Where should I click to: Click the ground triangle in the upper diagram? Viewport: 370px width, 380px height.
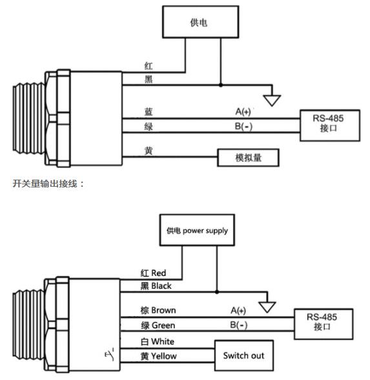pyautogui.click(x=272, y=100)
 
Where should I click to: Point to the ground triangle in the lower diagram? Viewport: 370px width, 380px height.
pyautogui.click(x=267, y=307)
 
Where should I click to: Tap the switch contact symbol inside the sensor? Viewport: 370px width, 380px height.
pyautogui.click(x=110, y=354)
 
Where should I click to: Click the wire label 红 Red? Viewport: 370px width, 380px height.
pyautogui.click(x=153, y=273)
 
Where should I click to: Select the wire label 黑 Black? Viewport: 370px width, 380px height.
pyautogui.click(x=156, y=286)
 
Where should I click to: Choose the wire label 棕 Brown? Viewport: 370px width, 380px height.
pyautogui.click(x=158, y=310)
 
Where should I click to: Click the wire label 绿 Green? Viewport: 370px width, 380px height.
pyautogui.click(x=158, y=325)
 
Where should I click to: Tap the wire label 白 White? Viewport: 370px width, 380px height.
pyautogui.click(x=158, y=341)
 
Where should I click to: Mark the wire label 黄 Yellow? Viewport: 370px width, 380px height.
pyautogui.click(x=159, y=356)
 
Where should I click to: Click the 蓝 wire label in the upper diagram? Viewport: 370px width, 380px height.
pyautogui.click(x=149, y=112)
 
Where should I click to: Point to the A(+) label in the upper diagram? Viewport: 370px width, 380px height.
pyautogui.click(x=243, y=111)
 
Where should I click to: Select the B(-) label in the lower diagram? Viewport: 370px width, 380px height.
pyautogui.click(x=239, y=325)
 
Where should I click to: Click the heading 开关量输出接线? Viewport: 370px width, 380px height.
pyautogui.click(x=45, y=184)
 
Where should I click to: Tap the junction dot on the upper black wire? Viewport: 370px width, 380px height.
pyautogui.click(x=221, y=85)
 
